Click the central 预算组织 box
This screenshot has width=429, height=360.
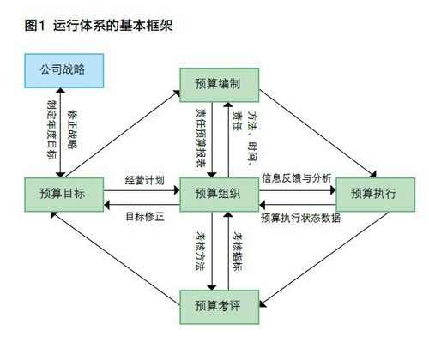pyautogui.click(x=218, y=193)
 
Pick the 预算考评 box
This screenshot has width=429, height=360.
pyautogui.click(x=218, y=306)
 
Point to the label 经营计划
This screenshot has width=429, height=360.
pyautogui.click(x=144, y=180)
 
